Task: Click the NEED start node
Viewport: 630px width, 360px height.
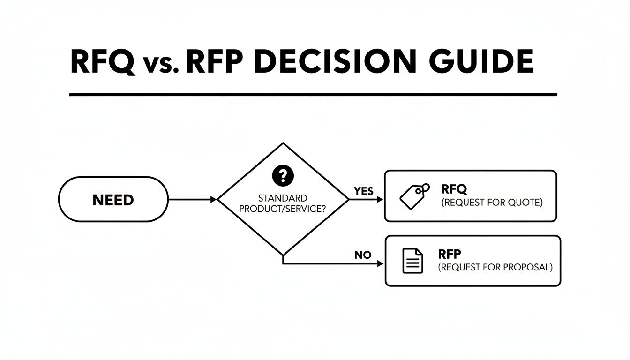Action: coord(113,200)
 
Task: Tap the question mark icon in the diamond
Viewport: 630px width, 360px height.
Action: coord(282,176)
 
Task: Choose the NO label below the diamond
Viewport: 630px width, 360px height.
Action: coord(362,255)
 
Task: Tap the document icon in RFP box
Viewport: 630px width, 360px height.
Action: coord(413,261)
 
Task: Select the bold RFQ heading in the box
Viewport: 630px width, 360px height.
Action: coord(454,189)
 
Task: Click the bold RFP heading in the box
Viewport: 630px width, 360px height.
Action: coord(450,255)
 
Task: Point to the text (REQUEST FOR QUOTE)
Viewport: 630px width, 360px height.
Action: coord(492,203)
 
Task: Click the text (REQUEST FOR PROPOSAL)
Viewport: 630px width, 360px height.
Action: coord(495,268)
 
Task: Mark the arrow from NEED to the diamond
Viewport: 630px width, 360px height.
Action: coord(192,200)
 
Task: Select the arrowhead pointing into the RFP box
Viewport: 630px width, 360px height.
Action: coord(380,264)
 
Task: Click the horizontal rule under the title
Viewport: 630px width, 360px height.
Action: coord(313,95)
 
